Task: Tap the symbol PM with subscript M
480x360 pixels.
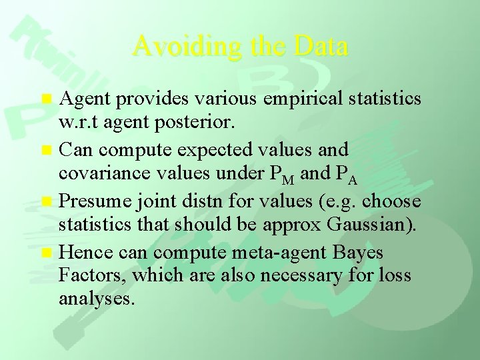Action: coord(266,175)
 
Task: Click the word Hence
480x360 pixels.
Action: coord(83,253)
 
